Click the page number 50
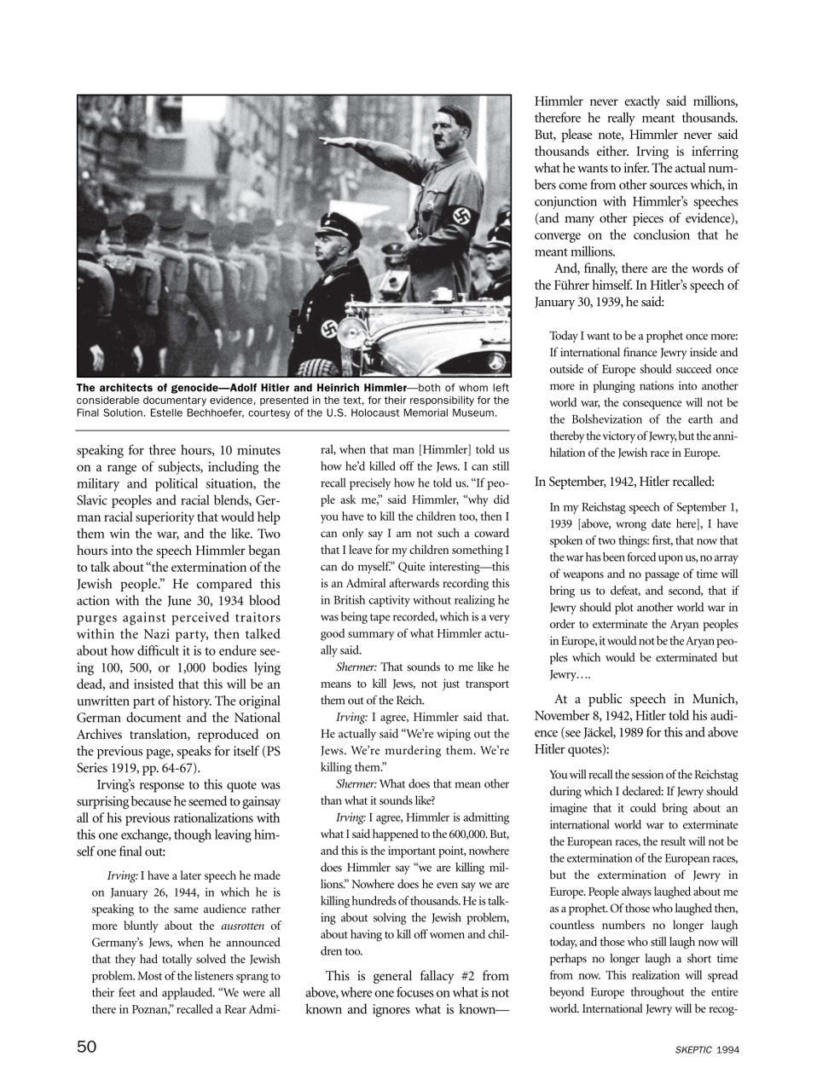pyautogui.click(x=86, y=1048)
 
